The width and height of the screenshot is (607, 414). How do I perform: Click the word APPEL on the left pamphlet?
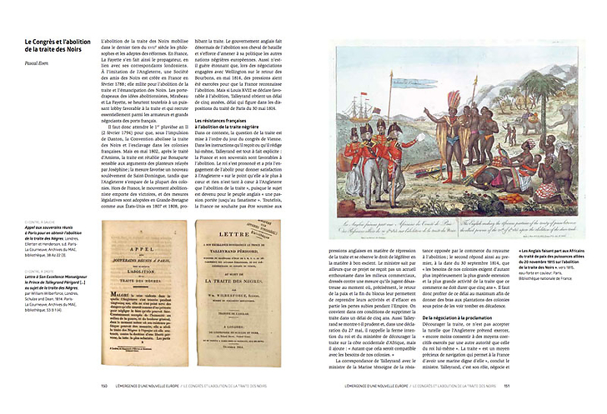coord(133,235)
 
